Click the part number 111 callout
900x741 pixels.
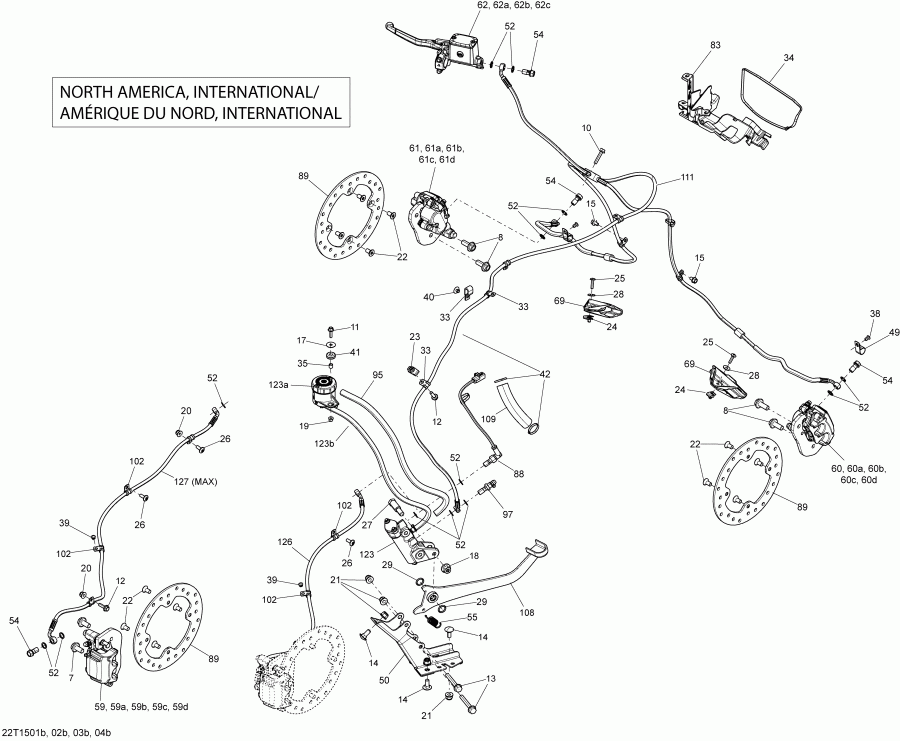(686, 177)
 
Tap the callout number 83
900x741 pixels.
(715, 45)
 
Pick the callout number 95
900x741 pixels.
(378, 376)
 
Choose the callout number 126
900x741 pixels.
(285, 542)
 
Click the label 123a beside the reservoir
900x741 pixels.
(278, 385)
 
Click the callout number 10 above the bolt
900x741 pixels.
(586, 128)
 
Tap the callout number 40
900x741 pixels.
(428, 297)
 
